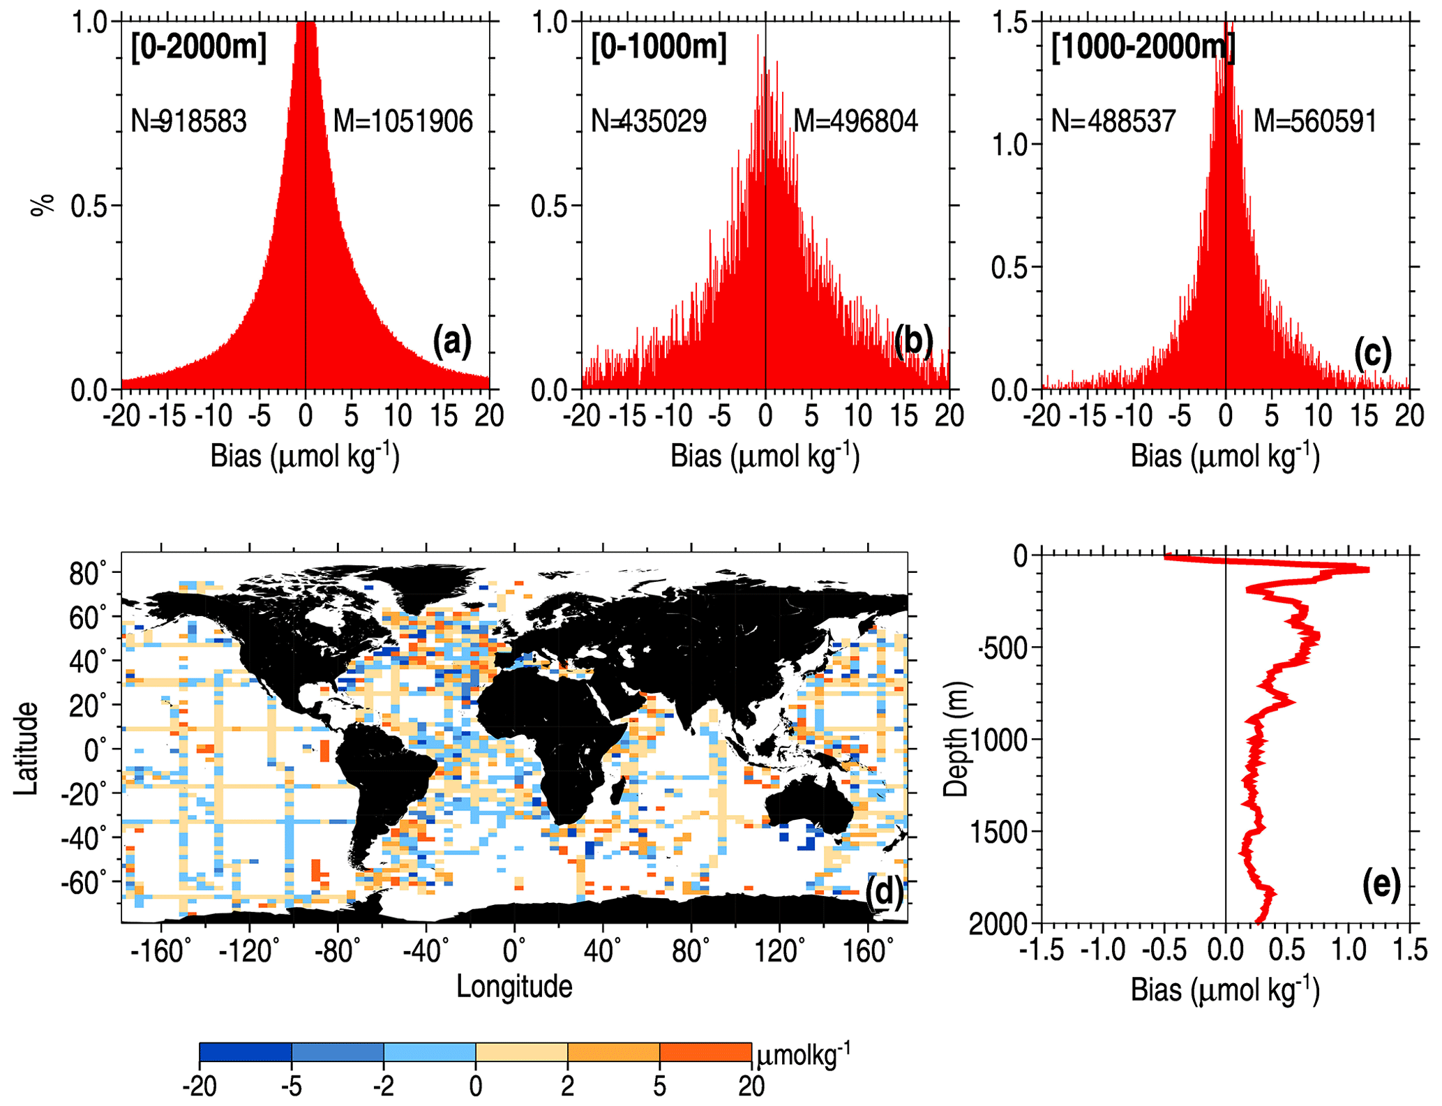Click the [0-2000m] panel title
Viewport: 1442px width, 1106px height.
point(199,48)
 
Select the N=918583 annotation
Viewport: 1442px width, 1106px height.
point(188,121)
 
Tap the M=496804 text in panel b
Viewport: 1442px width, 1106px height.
point(855,121)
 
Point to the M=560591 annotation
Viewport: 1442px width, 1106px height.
point(1315,121)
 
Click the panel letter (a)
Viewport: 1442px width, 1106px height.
point(452,341)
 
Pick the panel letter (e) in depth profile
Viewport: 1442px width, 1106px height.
point(1381,885)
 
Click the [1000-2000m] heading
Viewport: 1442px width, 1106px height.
point(1143,48)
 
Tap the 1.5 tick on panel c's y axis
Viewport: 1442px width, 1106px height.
point(1009,23)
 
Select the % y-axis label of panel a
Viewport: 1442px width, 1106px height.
point(43,205)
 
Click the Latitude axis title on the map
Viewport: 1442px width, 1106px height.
point(26,748)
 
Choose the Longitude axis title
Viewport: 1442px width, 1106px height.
point(514,987)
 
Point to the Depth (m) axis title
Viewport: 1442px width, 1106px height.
point(956,740)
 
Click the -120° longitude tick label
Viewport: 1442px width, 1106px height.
point(249,950)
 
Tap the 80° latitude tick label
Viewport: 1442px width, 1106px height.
point(87,574)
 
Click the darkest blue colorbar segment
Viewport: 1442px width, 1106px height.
point(246,1052)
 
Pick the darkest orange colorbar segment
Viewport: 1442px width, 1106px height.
point(705,1052)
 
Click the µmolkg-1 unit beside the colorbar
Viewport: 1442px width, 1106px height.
point(803,1056)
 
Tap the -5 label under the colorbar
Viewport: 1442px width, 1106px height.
point(291,1086)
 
